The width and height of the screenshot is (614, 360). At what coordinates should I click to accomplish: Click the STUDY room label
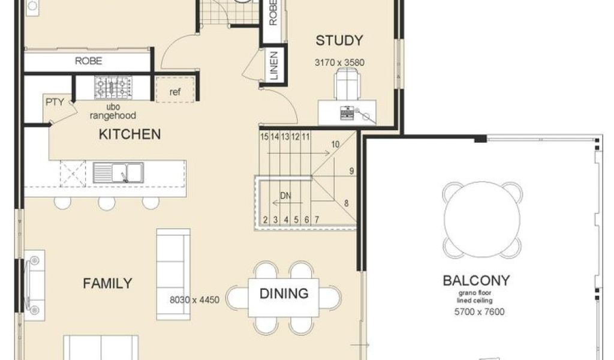pyautogui.click(x=339, y=40)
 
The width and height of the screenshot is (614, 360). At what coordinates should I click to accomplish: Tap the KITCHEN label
pyautogui.click(x=130, y=134)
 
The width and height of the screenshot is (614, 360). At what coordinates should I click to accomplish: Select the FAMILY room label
pyautogui.click(x=108, y=283)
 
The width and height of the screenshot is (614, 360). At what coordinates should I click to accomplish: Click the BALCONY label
pyautogui.click(x=476, y=280)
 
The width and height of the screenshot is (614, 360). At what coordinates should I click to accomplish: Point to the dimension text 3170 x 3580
pyautogui.click(x=339, y=62)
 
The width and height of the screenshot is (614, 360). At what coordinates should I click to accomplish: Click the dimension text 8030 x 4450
pyautogui.click(x=194, y=300)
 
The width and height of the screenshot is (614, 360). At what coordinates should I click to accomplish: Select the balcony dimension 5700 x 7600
pyautogui.click(x=479, y=312)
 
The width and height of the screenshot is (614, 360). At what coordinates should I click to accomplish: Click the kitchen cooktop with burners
pyautogui.click(x=113, y=88)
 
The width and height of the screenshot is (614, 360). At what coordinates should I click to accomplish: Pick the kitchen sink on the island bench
pyautogui.click(x=118, y=173)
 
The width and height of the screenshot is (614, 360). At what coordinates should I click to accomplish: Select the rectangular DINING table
pyautogui.click(x=284, y=298)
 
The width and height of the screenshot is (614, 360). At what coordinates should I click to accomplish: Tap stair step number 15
pyautogui.click(x=264, y=137)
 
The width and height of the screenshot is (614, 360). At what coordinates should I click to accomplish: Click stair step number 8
pyautogui.click(x=346, y=203)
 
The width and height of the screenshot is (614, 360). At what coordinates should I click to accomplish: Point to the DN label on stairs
pyautogui.click(x=286, y=196)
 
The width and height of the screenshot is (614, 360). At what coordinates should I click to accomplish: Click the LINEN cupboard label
pyautogui.click(x=274, y=65)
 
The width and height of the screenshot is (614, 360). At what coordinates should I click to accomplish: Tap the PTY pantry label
pyautogui.click(x=55, y=102)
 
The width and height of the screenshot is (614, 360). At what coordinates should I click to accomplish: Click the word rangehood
pyautogui.click(x=113, y=116)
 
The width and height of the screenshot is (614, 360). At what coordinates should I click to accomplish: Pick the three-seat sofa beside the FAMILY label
pyautogui.click(x=173, y=274)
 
